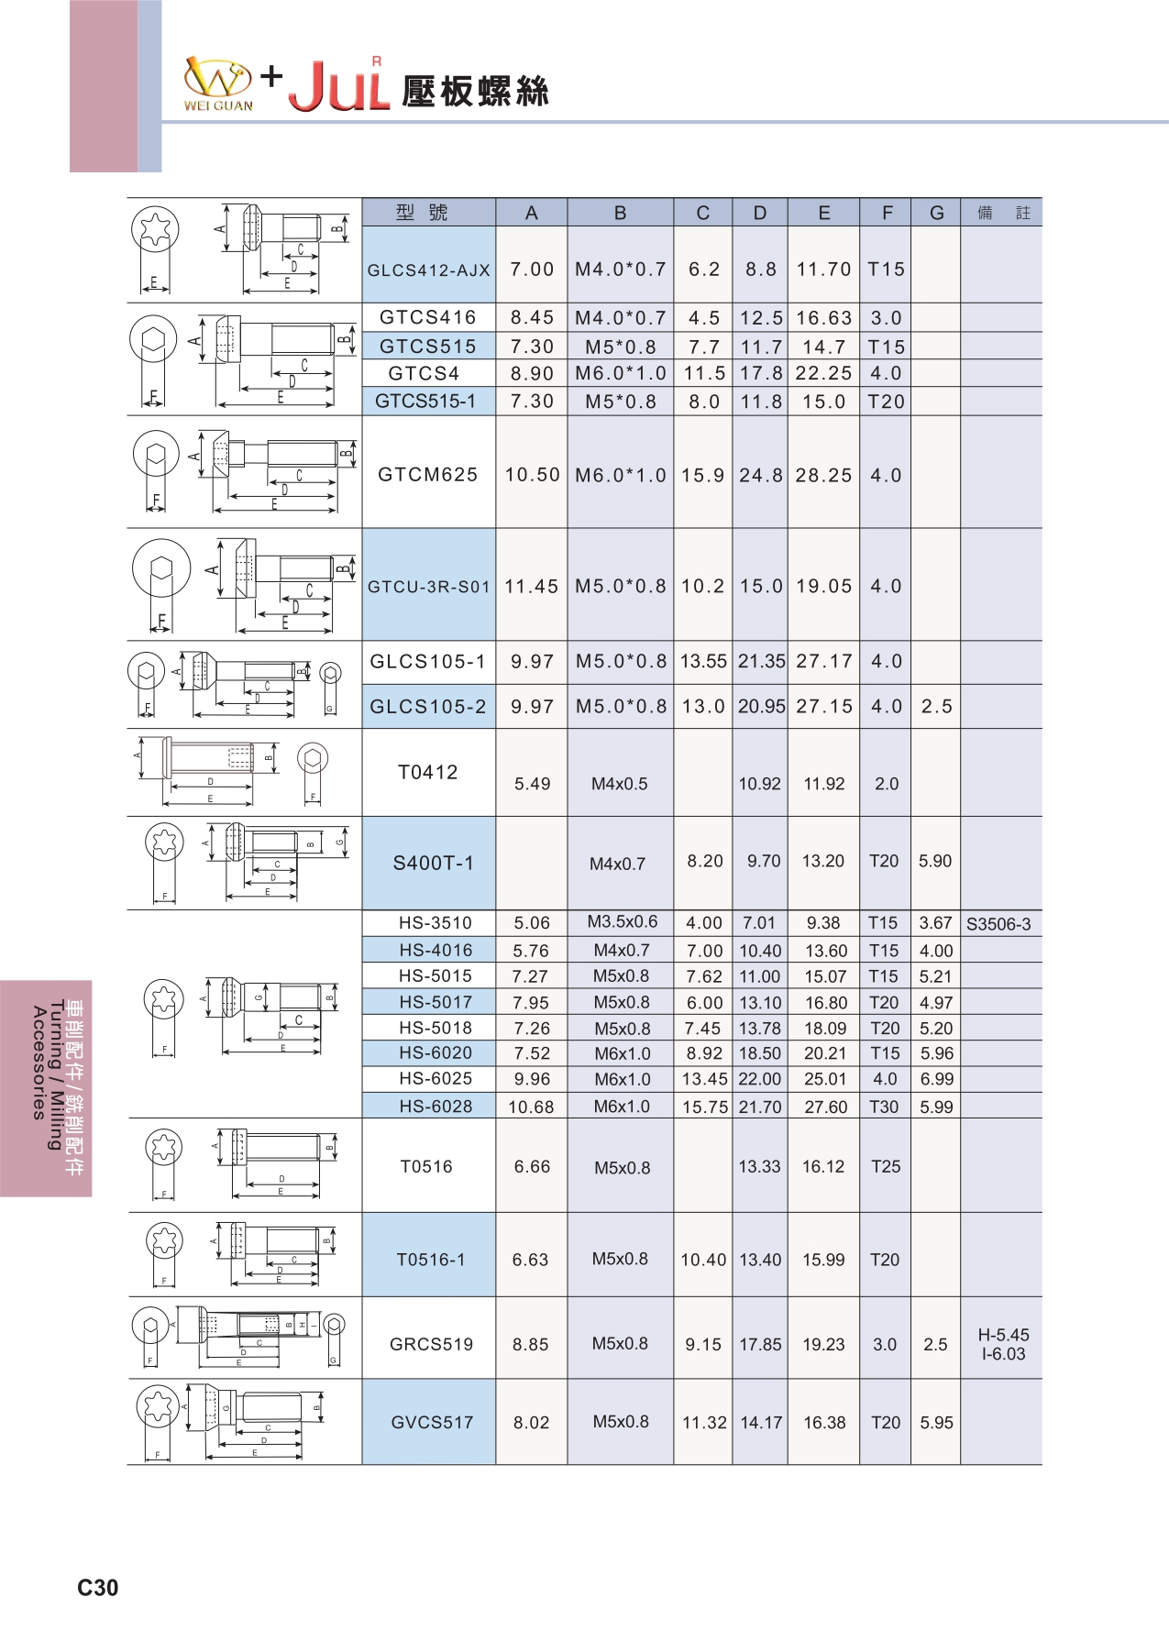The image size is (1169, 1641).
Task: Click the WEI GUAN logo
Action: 218,84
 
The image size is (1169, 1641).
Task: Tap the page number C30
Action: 97,1588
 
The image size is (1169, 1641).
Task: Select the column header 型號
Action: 422,213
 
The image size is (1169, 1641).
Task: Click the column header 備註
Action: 1003,213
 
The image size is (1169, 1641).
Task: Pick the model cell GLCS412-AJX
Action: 429,270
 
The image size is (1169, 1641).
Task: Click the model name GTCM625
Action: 428,475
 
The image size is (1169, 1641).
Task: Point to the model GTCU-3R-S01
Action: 429,587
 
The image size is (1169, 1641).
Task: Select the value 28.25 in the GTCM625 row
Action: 823,475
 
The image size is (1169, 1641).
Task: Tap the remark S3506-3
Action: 998,924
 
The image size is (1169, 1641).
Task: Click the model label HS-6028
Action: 436,1107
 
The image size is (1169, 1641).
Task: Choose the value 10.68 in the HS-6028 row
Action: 531,1107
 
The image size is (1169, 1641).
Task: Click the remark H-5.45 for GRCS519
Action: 1003,1335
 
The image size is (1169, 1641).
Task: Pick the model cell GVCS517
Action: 432,1423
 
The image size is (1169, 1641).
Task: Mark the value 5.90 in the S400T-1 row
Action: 935,861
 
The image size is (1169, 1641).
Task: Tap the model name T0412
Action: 428,772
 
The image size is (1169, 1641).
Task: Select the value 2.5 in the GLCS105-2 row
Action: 936,707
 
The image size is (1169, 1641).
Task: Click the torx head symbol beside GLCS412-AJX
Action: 154,229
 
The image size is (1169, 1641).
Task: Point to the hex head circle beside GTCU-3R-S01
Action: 161,569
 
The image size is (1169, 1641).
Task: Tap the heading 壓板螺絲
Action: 475,91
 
